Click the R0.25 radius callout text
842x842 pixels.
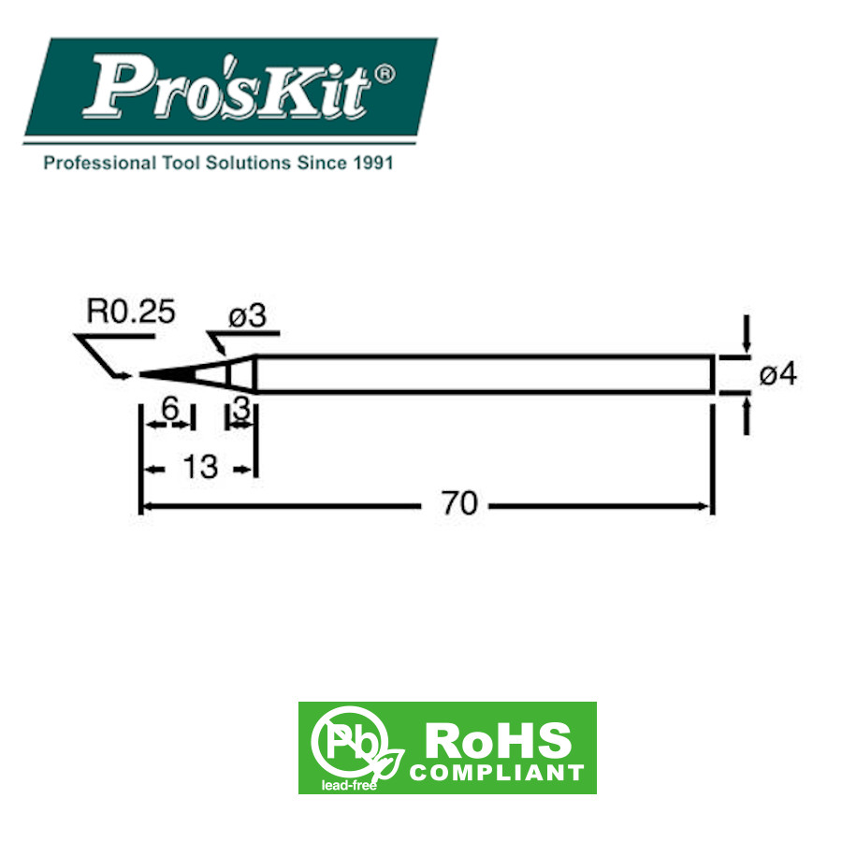click(x=131, y=312)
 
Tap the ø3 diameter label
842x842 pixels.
click(x=247, y=316)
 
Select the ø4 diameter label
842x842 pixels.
click(x=778, y=374)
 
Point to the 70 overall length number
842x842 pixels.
click(x=459, y=503)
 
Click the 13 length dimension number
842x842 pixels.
click(x=200, y=467)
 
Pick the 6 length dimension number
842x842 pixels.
click(x=170, y=409)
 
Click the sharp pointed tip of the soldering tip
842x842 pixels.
click(x=140, y=374)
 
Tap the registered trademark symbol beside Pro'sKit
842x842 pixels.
click(x=385, y=75)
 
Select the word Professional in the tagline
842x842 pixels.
click(x=100, y=163)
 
